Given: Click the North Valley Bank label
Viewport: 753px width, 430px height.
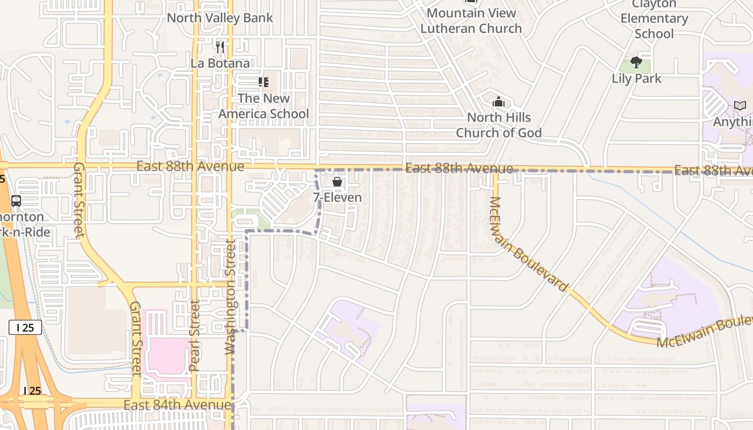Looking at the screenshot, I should pyautogui.click(x=219, y=18).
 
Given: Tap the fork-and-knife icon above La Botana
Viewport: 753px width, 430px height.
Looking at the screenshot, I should pyautogui.click(x=220, y=47).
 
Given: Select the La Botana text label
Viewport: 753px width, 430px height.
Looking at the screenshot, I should pyautogui.click(x=220, y=63).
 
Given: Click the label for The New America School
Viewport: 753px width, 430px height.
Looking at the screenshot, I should pyautogui.click(x=264, y=106).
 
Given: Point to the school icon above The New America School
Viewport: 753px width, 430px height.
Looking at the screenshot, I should pyautogui.click(x=263, y=82).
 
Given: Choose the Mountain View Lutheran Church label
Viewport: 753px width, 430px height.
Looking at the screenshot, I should pyautogui.click(x=471, y=20).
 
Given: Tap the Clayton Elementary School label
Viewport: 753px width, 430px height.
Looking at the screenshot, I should pyautogui.click(x=654, y=19).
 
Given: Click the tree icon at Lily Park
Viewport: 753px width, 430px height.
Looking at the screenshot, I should pyautogui.click(x=636, y=62).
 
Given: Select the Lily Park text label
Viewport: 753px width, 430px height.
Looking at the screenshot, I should pyautogui.click(x=636, y=78).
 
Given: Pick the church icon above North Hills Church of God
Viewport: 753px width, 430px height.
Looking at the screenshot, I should pyautogui.click(x=499, y=102).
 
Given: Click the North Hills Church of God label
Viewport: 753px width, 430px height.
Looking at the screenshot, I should pyautogui.click(x=499, y=125).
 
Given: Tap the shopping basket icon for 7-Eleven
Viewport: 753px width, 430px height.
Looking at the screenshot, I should pyautogui.click(x=337, y=182).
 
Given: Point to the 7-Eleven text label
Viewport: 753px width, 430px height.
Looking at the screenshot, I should pyautogui.click(x=337, y=197).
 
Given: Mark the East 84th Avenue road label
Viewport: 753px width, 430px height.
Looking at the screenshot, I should pyautogui.click(x=177, y=405).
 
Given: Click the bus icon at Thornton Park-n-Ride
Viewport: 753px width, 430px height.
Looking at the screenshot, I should pyautogui.click(x=16, y=201).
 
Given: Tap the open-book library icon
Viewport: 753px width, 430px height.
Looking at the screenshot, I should pyautogui.click(x=740, y=106).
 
